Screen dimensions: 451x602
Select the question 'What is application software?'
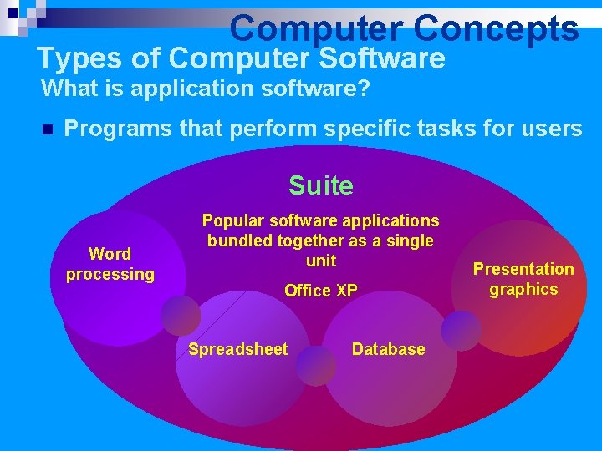(x=206, y=88)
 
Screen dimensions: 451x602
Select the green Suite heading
(x=321, y=185)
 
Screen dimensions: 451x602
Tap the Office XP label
(x=321, y=291)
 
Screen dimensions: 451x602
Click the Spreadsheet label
(x=237, y=349)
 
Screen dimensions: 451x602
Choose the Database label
(x=388, y=349)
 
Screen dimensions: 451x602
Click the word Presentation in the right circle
(x=523, y=269)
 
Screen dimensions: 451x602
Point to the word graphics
(x=523, y=289)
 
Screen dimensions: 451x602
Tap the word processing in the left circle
(x=110, y=274)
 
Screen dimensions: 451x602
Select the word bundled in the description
(x=238, y=241)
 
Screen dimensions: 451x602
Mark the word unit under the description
(x=321, y=261)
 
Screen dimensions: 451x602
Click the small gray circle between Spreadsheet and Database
(x=316, y=366)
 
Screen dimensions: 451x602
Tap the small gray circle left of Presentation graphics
(x=462, y=331)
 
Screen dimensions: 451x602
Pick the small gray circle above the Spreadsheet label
(x=181, y=315)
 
